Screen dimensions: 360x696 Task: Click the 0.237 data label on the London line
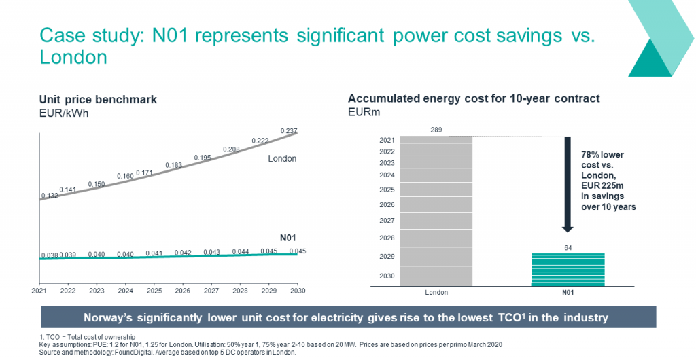pyautogui.click(x=290, y=130)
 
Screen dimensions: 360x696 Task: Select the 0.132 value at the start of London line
pyautogui.click(x=50, y=196)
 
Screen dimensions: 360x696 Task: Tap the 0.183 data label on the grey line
pyautogui.click(x=174, y=165)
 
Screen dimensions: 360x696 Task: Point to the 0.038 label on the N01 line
pyautogui.click(x=49, y=255)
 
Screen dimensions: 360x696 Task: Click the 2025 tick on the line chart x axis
pyautogui.click(x=154, y=291)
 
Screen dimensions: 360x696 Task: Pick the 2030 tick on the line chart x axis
pyautogui.click(x=297, y=291)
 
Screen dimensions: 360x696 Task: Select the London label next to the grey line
pyautogui.click(x=282, y=158)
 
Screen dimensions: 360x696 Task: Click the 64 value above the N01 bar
pyautogui.click(x=568, y=248)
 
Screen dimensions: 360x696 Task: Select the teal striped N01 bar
pyautogui.click(x=568, y=270)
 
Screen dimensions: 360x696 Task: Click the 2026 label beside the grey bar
pyautogui.click(x=387, y=204)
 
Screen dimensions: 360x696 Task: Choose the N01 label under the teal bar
pyautogui.click(x=568, y=293)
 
